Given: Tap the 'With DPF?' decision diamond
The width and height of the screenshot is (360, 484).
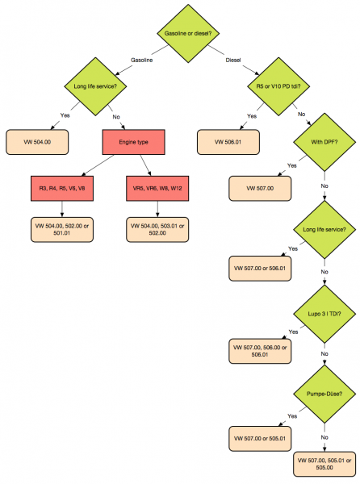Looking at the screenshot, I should click(323, 146).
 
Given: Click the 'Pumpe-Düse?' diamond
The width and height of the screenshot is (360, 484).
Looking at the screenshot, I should click(323, 394).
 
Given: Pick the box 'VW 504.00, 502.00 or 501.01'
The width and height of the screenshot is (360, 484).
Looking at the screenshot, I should click(63, 229).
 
